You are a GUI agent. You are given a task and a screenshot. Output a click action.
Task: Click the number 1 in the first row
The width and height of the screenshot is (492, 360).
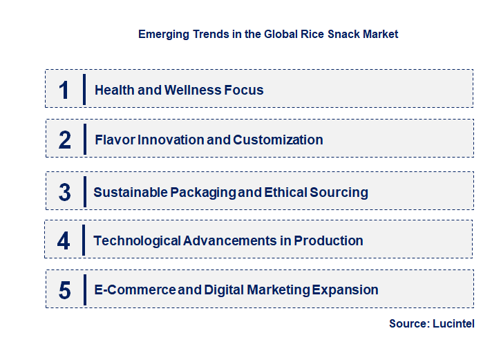pyautogui.click(x=64, y=90)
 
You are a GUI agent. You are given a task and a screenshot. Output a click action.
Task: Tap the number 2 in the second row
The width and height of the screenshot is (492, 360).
pyautogui.click(x=65, y=140)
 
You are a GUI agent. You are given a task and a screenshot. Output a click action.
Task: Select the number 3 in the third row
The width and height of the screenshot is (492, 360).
pyautogui.click(x=64, y=192)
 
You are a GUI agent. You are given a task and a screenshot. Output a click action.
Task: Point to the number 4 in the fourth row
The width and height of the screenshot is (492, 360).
pyautogui.click(x=64, y=241)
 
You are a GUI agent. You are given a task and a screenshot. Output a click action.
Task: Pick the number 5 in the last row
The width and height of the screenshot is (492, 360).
pyautogui.click(x=64, y=290)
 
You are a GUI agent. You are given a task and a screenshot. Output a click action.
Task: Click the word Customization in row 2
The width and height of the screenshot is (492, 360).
pyautogui.click(x=278, y=140)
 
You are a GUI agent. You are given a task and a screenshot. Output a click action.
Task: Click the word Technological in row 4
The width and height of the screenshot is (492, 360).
pyautogui.click(x=137, y=241)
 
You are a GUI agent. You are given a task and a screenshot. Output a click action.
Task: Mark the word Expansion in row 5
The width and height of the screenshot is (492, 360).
pyautogui.click(x=345, y=290)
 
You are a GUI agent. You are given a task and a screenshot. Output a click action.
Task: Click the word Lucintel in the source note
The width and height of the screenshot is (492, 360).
pyautogui.click(x=455, y=324)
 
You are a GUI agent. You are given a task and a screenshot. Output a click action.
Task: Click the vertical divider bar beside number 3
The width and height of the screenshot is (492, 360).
pyautogui.click(x=84, y=191)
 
